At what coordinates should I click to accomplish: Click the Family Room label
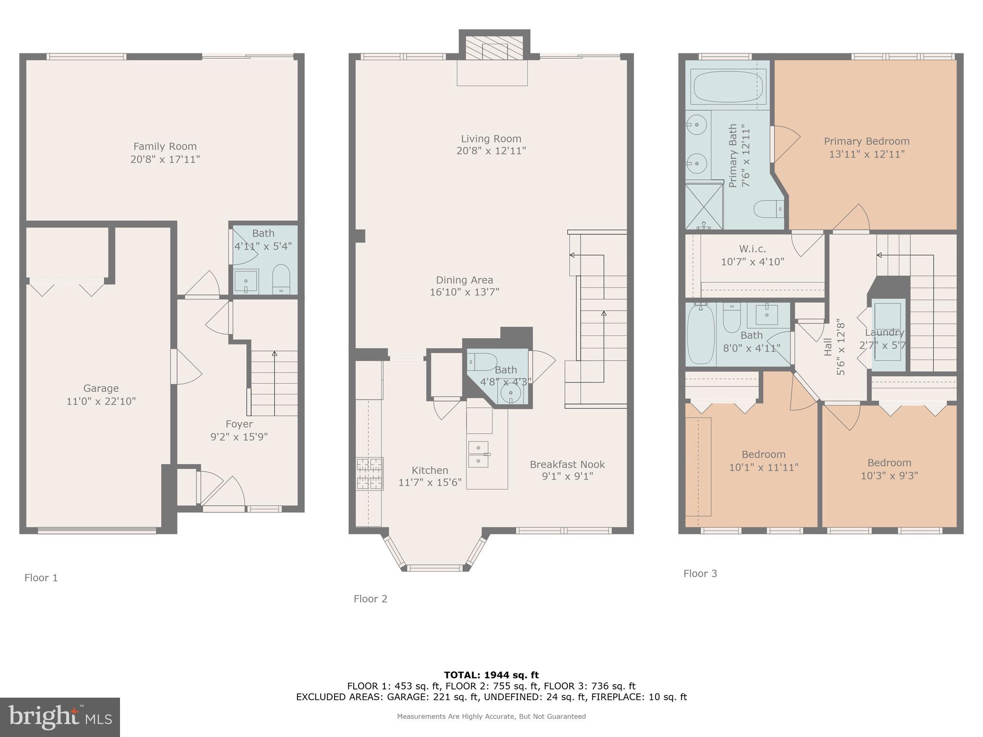coord(165,146)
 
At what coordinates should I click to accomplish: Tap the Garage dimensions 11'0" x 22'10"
coord(101,401)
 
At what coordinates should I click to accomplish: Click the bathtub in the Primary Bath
coord(728,87)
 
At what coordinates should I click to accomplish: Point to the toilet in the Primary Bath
coord(768,210)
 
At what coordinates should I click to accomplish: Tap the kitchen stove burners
coord(369,474)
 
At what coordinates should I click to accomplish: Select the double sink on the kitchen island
coord(478,454)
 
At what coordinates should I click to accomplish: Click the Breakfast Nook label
coord(567,464)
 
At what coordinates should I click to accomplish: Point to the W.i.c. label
coord(752,249)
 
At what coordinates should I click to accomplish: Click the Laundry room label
coord(884,333)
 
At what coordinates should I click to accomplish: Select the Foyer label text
coord(239,424)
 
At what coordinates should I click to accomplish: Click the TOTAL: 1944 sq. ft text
coord(491,675)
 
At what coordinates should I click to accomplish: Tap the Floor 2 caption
coord(370,599)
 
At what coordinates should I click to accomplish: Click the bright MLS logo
coord(60,717)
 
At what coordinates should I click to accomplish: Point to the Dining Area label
coord(464,280)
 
